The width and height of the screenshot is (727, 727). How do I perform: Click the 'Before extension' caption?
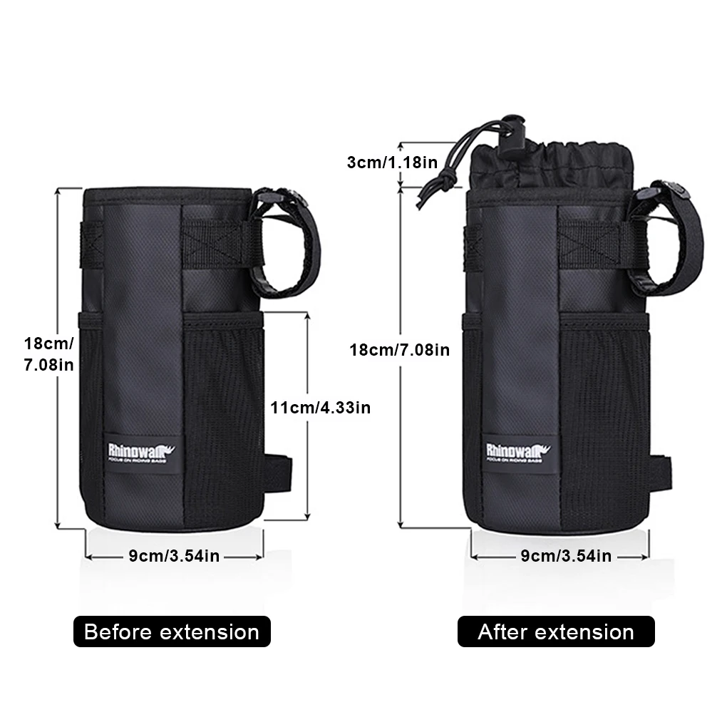(172, 631)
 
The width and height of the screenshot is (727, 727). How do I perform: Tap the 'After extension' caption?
(556, 631)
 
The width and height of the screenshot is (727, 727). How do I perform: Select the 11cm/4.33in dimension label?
(320, 408)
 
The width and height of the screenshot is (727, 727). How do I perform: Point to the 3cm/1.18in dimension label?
(391, 162)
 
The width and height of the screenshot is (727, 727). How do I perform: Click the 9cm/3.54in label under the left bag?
(174, 556)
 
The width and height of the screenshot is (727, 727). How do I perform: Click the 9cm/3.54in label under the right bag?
(565, 556)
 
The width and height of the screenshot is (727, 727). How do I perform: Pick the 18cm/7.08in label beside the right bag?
(399, 350)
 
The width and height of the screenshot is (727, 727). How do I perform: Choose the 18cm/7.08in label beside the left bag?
(48, 354)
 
